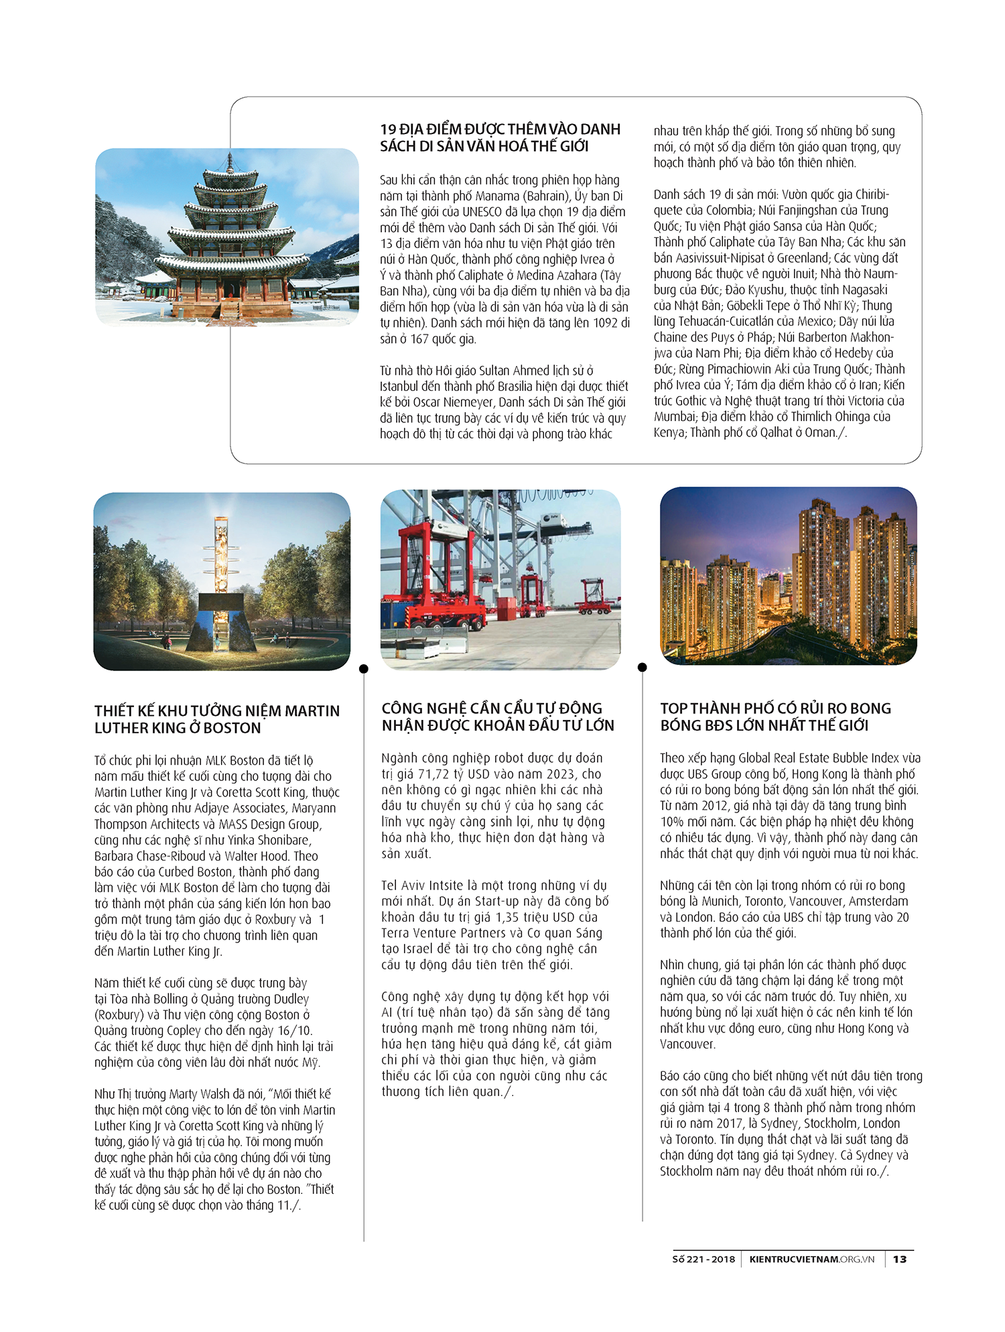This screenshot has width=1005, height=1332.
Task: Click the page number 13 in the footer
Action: (x=900, y=1259)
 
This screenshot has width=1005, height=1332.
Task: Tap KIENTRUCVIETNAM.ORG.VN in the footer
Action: (x=812, y=1259)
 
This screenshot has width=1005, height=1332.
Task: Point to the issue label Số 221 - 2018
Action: (x=703, y=1259)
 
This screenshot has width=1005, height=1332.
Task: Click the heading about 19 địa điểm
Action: (x=500, y=137)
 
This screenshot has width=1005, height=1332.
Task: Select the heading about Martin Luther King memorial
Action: (x=217, y=719)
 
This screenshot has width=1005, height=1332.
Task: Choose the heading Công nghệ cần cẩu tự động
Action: (x=498, y=717)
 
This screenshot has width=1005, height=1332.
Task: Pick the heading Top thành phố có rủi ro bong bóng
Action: (x=775, y=717)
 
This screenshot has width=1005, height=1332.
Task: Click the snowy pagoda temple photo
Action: (x=227, y=237)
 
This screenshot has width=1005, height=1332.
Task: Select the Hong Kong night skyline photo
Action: (x=788, y=576)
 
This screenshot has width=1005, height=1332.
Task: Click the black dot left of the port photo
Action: (x=364, y=668)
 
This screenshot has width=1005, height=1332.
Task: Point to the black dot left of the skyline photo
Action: (x=643, y=667)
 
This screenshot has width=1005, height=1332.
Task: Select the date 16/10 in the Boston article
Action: (x=295, y=1030)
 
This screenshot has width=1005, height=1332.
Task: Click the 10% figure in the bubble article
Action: (x=673, y=822)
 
